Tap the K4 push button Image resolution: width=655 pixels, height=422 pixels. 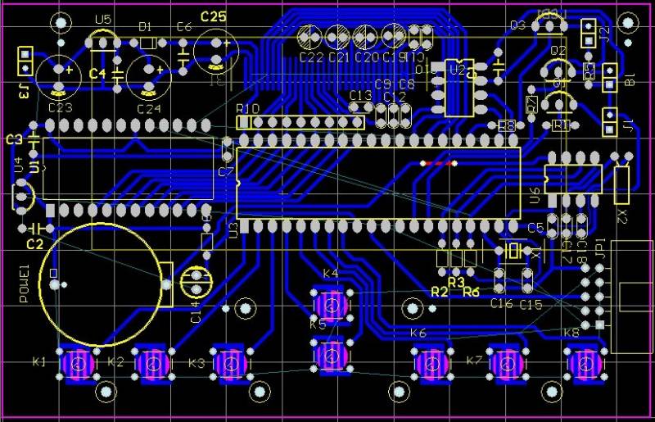[331, 306]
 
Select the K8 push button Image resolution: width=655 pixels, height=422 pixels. [585, 363]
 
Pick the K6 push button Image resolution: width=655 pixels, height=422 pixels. [431, 363]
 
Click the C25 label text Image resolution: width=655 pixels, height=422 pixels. [213, 16]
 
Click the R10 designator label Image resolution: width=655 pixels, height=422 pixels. [247, 109]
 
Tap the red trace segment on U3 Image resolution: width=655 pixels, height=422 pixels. [437, 164]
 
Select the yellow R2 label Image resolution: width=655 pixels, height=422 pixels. [440, 291]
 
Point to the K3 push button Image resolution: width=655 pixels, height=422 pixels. [229, 362]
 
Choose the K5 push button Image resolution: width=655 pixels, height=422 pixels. [331, 355]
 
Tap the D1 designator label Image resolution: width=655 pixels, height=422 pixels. [146, 27]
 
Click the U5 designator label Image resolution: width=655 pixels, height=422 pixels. [103, 19]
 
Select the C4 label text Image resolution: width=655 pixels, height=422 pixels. [97, 74]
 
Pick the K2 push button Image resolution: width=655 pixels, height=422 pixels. [153, 362]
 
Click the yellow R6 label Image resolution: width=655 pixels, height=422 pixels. [472, 291]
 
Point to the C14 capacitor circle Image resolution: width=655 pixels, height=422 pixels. [195, 281]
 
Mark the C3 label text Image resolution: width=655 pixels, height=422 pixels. [14, 139]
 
